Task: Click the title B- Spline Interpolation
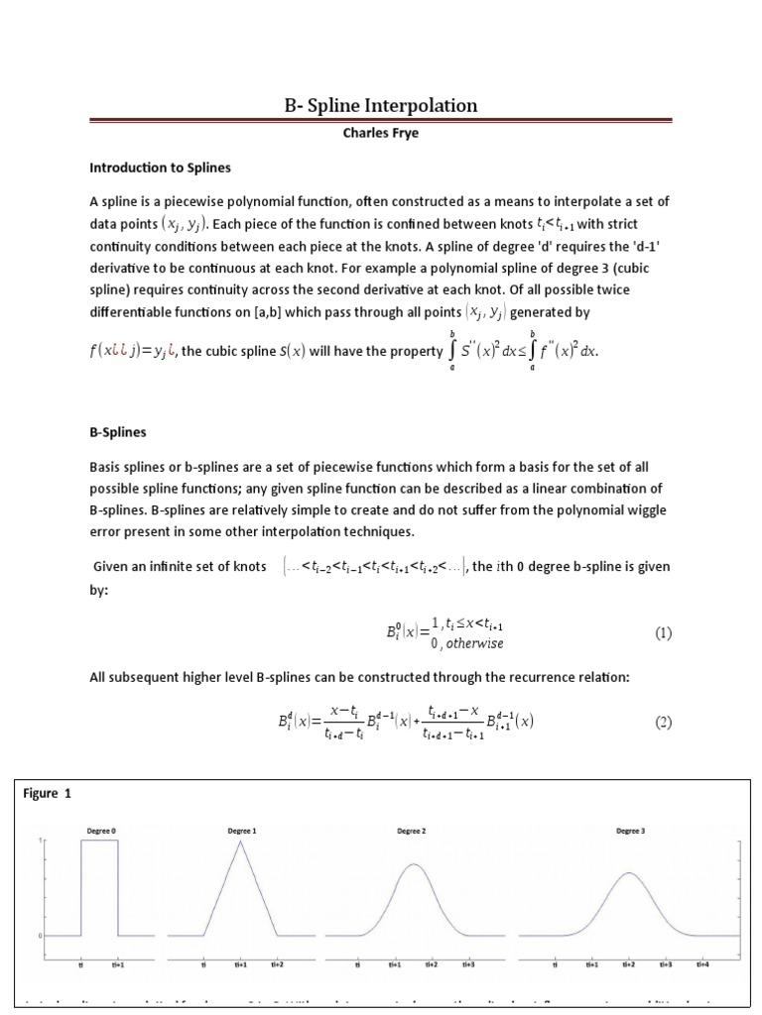pos(380,105)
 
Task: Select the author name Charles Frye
pos(380,133)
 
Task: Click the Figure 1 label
pos(47,794)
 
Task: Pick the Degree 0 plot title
pos(99,831)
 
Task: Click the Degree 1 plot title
pos(240,831)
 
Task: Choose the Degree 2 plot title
pos(411,831)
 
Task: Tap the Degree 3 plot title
pos(630,831)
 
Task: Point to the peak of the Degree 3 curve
pos(629,872)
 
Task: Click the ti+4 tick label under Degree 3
pos(702,963)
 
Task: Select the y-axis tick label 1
pos(41,842)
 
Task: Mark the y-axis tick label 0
pos(41,935)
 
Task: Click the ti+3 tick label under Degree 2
pos(467,963)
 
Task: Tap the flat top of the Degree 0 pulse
pos(99,841)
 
